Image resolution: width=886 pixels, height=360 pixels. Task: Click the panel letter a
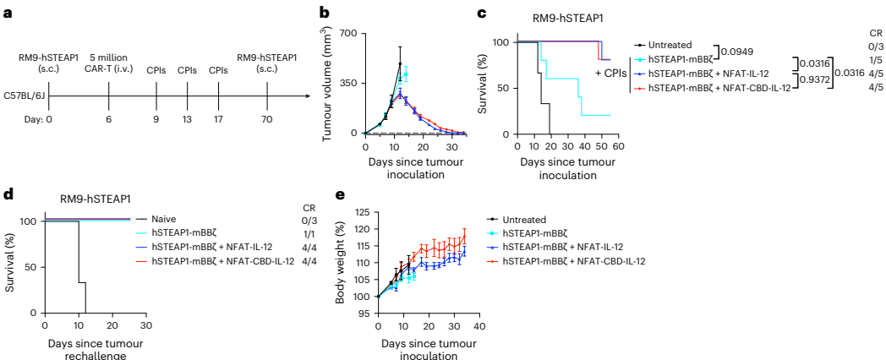(x=8, y=13)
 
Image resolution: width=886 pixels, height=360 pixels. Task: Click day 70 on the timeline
(x=268, y=120)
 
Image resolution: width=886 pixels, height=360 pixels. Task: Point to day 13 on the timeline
(x=188, y=120)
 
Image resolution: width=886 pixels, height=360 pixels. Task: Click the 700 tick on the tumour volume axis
(x=348, y=34)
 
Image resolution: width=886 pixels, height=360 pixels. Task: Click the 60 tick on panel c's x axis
(x=617, y=145)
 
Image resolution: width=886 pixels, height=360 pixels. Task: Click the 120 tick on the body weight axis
(x=364, y=229)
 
